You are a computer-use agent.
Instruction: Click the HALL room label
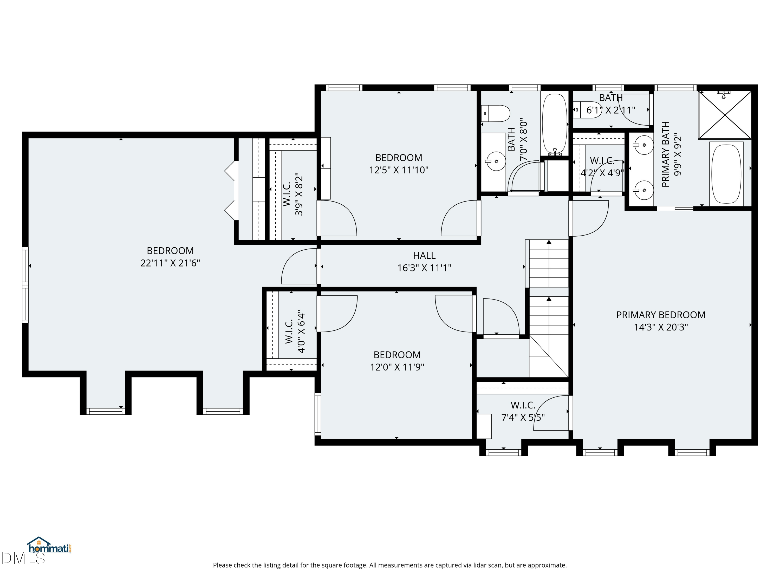424,255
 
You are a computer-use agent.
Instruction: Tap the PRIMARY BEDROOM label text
660,315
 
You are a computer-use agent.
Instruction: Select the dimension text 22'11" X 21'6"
170,263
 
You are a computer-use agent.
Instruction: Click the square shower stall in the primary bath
725,115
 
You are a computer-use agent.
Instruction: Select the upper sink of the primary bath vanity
643,145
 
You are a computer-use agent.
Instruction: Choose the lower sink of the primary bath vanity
643,190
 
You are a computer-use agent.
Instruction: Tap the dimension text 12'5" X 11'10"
399,170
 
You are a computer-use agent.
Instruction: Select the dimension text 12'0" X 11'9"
397,367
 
